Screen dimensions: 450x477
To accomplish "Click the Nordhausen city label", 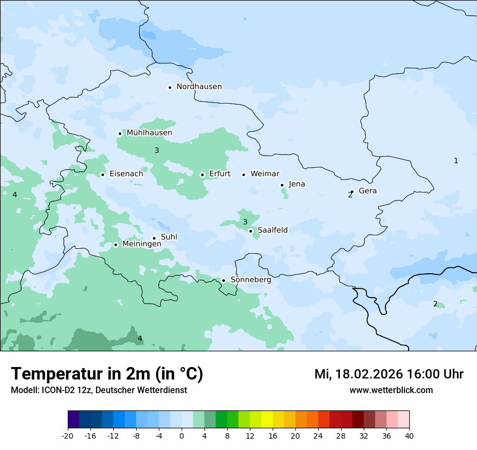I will (199, 87).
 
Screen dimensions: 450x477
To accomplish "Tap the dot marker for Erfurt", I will (202, 175).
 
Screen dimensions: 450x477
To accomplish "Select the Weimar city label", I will (265, 174).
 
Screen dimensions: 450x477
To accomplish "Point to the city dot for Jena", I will (282, 185).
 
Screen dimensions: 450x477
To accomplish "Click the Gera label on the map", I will (368, 191).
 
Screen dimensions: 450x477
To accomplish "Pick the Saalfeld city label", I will (272, 230).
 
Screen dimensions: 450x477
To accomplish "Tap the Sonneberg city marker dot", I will (223, 280).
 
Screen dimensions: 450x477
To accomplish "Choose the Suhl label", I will (169, 237).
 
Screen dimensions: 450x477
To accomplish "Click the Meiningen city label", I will (141, 244).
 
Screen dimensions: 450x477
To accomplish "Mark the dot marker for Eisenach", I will (102, 175).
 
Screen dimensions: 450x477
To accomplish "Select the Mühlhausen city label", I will (149, 133).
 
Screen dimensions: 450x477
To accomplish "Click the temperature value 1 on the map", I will (456, 160).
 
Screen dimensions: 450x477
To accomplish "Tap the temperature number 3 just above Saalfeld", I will (245, 222).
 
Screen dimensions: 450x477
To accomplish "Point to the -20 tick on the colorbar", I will (68, 436).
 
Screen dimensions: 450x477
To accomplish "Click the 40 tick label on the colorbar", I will (409, 436).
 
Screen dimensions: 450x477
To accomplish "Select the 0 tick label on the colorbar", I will (182, 436).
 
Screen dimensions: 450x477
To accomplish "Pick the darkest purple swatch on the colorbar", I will (73, 420).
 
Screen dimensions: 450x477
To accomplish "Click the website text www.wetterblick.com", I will (391, 390).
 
